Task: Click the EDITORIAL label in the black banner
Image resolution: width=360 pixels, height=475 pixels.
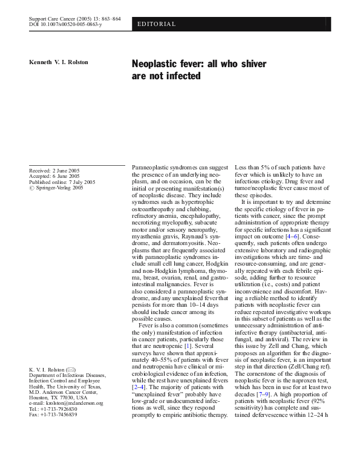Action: click(x=157, y=24)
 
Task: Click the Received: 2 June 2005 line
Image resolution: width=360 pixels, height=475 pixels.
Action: click(x=54, y=171)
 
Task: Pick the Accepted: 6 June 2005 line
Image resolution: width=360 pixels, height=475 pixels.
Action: click(x=54, y=176)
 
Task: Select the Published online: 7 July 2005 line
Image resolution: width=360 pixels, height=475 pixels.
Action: click(x=62, y=182)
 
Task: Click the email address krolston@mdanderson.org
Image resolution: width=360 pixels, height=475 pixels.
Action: click(x=73, y=403)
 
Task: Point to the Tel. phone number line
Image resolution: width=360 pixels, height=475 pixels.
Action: click(x=53, y=409)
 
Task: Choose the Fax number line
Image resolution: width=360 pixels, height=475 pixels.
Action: click(x=53, y=414)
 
